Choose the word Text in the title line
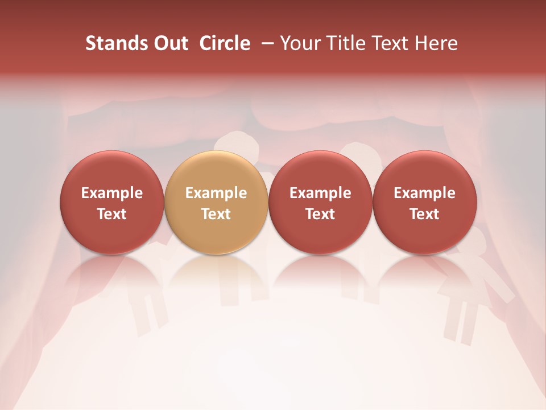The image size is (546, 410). click(387, 43)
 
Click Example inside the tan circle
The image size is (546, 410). click(216, 193)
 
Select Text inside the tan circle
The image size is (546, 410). click(216, 214)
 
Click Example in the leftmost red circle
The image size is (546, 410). click(112, 193)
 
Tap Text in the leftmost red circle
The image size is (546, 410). click(112, 214)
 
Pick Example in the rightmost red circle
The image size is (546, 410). click(425, 193)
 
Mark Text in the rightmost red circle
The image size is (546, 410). click(425, 214)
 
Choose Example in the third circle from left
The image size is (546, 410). click(320, 193)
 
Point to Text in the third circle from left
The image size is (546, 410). click(320, 214)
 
